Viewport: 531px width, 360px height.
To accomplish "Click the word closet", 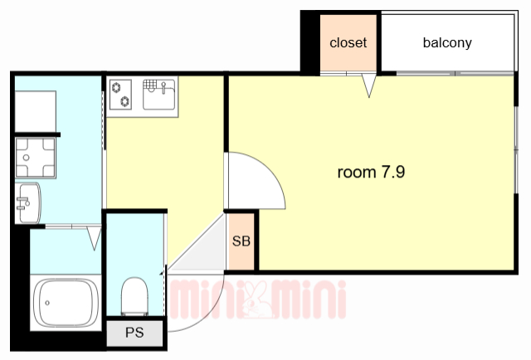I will tap(348, 43).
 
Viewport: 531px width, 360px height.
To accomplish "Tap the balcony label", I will tap(447, 43).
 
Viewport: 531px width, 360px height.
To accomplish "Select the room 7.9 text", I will tap(371, 173).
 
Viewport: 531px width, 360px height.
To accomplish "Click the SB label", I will tap(241, 242).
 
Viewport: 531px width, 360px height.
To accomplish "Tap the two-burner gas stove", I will tap(121, 93).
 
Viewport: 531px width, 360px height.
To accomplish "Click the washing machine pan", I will tap(36, 157).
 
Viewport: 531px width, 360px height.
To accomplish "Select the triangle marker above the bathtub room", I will tap(93, 240).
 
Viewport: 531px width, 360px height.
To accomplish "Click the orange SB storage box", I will tap(241, 241).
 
